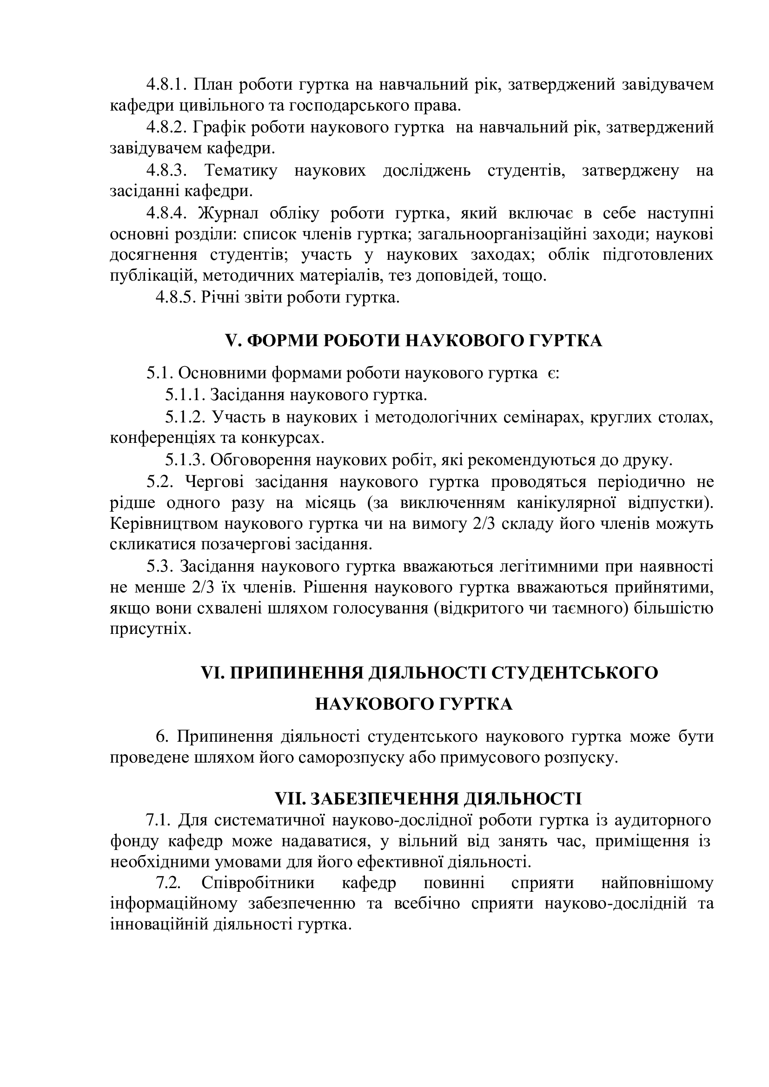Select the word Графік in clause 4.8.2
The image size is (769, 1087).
coord(219,127)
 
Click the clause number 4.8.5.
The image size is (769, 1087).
coord(176,298)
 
